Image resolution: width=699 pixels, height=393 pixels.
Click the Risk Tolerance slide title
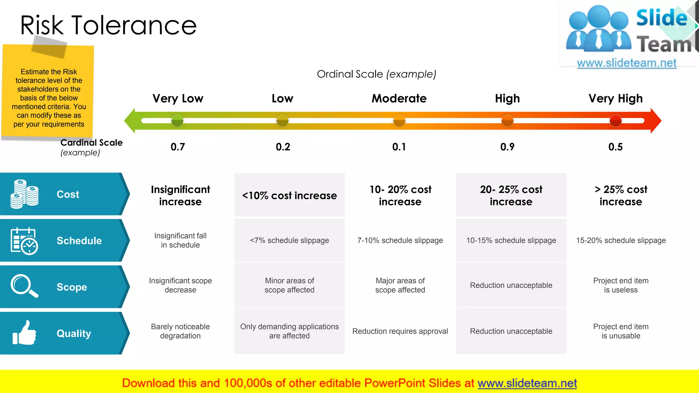tap(108, 25)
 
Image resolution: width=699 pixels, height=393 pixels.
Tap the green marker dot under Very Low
tap(177, 121)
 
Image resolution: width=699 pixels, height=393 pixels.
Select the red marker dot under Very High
tap(615, 121)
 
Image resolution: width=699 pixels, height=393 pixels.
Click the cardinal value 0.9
tap(507, 147)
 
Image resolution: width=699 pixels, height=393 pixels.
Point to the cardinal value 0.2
tap(283, 147)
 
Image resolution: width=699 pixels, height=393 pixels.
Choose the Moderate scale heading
tap(399, 99)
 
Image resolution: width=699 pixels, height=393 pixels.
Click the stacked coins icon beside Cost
tap(24, 194)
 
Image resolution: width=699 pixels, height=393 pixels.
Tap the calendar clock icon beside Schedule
tap(24, 241)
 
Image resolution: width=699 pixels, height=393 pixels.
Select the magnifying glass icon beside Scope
tap(24, 286)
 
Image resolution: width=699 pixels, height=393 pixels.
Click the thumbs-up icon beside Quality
tap(24, 333)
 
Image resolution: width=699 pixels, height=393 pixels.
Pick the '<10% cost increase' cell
tap(289, 195)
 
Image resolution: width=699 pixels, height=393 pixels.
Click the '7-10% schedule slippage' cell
tap(400, 241)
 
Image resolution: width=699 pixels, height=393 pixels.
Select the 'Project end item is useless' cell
tap(620, 285)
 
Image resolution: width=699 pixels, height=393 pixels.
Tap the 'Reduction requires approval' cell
tap(400, 331)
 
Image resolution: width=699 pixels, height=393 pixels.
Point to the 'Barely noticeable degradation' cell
tap(180, 331)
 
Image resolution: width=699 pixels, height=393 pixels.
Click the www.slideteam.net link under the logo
tap(627, 63)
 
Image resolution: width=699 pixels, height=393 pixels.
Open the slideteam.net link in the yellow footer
tap(527, 383)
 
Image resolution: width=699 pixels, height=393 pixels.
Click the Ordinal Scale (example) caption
tap(376, 74)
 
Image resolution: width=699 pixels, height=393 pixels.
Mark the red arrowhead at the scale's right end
tap(655, 121)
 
